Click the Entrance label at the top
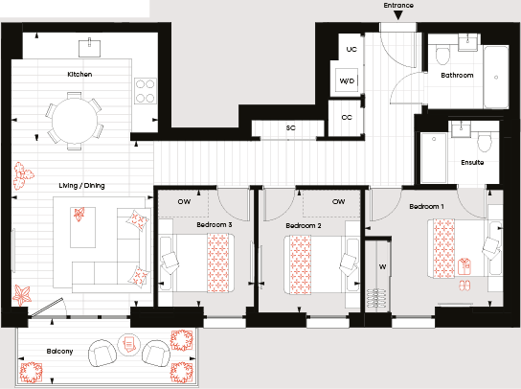click(x=398, y=6)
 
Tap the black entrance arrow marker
click(x=398, y=15)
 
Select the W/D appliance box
click(x=347, y=80)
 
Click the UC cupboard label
click(x=351, y=50)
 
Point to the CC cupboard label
click(x=347, y=117)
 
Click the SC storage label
click(x=291, y=128)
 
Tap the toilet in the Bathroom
click(x=442, y=57)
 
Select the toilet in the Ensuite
click(x=485, y=142)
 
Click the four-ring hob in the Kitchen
click(x=146, y=91)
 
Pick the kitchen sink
click(x=89, y=48)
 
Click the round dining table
click(x=75, y=121)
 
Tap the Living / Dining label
click(x=81, y=186)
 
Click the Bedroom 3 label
click(x=215, y=225)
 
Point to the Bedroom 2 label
click(x=304, y=226)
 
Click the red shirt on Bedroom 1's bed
click(x=464, y=266)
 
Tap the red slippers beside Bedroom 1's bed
click(x=464, y=286)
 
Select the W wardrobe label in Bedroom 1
click(x=382, y=266)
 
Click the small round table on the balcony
click(x=129, y=345)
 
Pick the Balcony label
click(x=59, y=352)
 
